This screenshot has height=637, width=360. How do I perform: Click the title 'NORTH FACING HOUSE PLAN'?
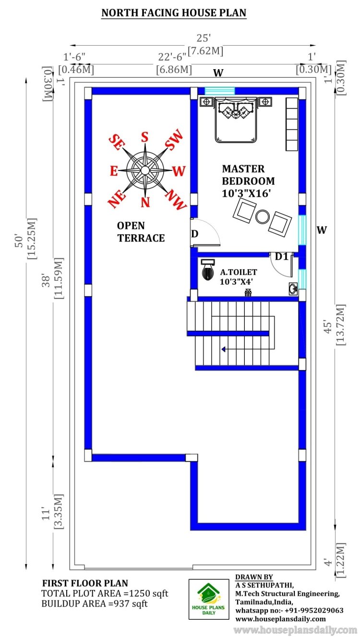(x=174, y=13)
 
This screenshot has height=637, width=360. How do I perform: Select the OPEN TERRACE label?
(x=141, y=231)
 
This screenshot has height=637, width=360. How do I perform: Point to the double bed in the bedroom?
(x=235, y=120)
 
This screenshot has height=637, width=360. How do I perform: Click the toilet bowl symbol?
(x=207, y=271)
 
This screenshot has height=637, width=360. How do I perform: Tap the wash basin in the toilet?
(x=293, y=288)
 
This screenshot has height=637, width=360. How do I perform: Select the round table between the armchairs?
(x=263, y=216)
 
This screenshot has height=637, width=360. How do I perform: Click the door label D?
(x=195, y=234)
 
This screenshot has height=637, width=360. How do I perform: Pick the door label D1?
(x=281, y=257)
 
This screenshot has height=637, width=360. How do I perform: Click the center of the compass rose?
(x=144, y=169)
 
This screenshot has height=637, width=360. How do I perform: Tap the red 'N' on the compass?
(x=145, y=202)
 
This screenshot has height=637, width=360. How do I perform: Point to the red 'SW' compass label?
(x=174, y=140)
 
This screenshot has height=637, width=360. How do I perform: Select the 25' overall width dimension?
(x=205, y=38)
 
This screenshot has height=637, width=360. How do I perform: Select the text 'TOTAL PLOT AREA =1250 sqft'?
(x=105, y=594)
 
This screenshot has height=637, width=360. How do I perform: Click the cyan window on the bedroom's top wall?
(x=220, y=90)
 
